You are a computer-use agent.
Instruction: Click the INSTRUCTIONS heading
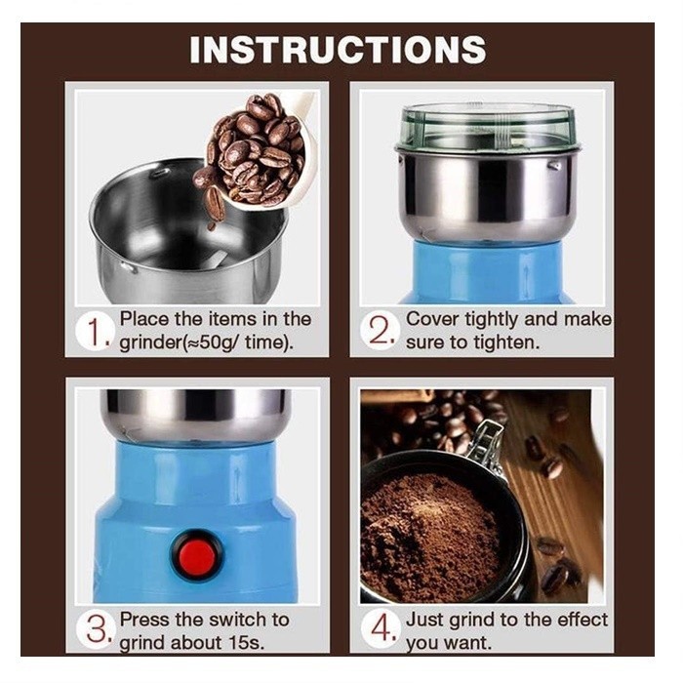(x=338, y=50)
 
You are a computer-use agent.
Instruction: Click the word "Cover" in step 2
(x=431, y=319)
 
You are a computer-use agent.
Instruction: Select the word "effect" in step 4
(x=583, y=620)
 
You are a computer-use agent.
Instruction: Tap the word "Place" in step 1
(x=143, y=319)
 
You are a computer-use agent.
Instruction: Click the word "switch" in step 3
(x=223, y=620)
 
